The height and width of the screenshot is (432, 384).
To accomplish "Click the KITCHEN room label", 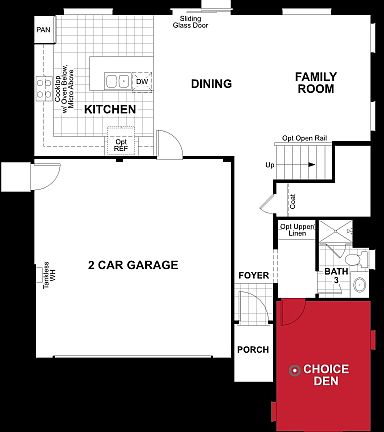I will coord(110,108).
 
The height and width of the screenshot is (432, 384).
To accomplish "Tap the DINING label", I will coord(212,84).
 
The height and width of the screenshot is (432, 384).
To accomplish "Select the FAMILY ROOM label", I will coord(318,82).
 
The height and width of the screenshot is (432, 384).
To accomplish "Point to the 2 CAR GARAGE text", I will coord(133,265).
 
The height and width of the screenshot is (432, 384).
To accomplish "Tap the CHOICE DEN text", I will coord(326,374).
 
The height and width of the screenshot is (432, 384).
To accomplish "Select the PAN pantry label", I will coord(43,30).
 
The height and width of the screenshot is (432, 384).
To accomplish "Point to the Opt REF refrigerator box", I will coord(121,146).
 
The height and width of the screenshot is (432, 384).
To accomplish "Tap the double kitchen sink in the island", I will coord(117,81).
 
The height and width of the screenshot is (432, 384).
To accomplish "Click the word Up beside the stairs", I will coord(270,165).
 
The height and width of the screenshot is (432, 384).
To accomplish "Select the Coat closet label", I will coord(292,201).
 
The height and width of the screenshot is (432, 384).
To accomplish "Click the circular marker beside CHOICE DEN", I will coord(294,369).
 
